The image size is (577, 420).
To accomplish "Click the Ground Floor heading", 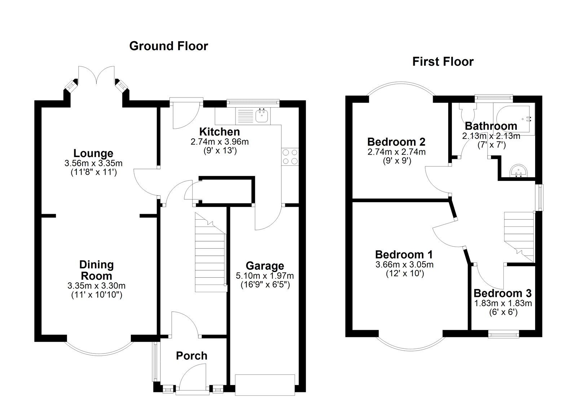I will click(168, 46).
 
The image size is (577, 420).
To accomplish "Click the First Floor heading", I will click(442, 62).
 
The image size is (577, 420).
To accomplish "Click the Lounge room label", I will click(93, 153).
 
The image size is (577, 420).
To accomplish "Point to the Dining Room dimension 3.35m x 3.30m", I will click(96, 286).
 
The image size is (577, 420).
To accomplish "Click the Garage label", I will click(265, 266).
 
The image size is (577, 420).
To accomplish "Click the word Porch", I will click(191, 356).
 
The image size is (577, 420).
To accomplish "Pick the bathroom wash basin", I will click(519, 171).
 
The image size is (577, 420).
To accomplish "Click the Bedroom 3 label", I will click(502, 293).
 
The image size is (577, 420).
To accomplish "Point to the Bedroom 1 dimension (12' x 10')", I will click(404, 273).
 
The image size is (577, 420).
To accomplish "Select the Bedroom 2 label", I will click(396, 142).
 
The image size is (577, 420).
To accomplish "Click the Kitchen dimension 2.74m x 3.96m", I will click(219, 142).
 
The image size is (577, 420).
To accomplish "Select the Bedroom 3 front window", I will click(503, 334).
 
